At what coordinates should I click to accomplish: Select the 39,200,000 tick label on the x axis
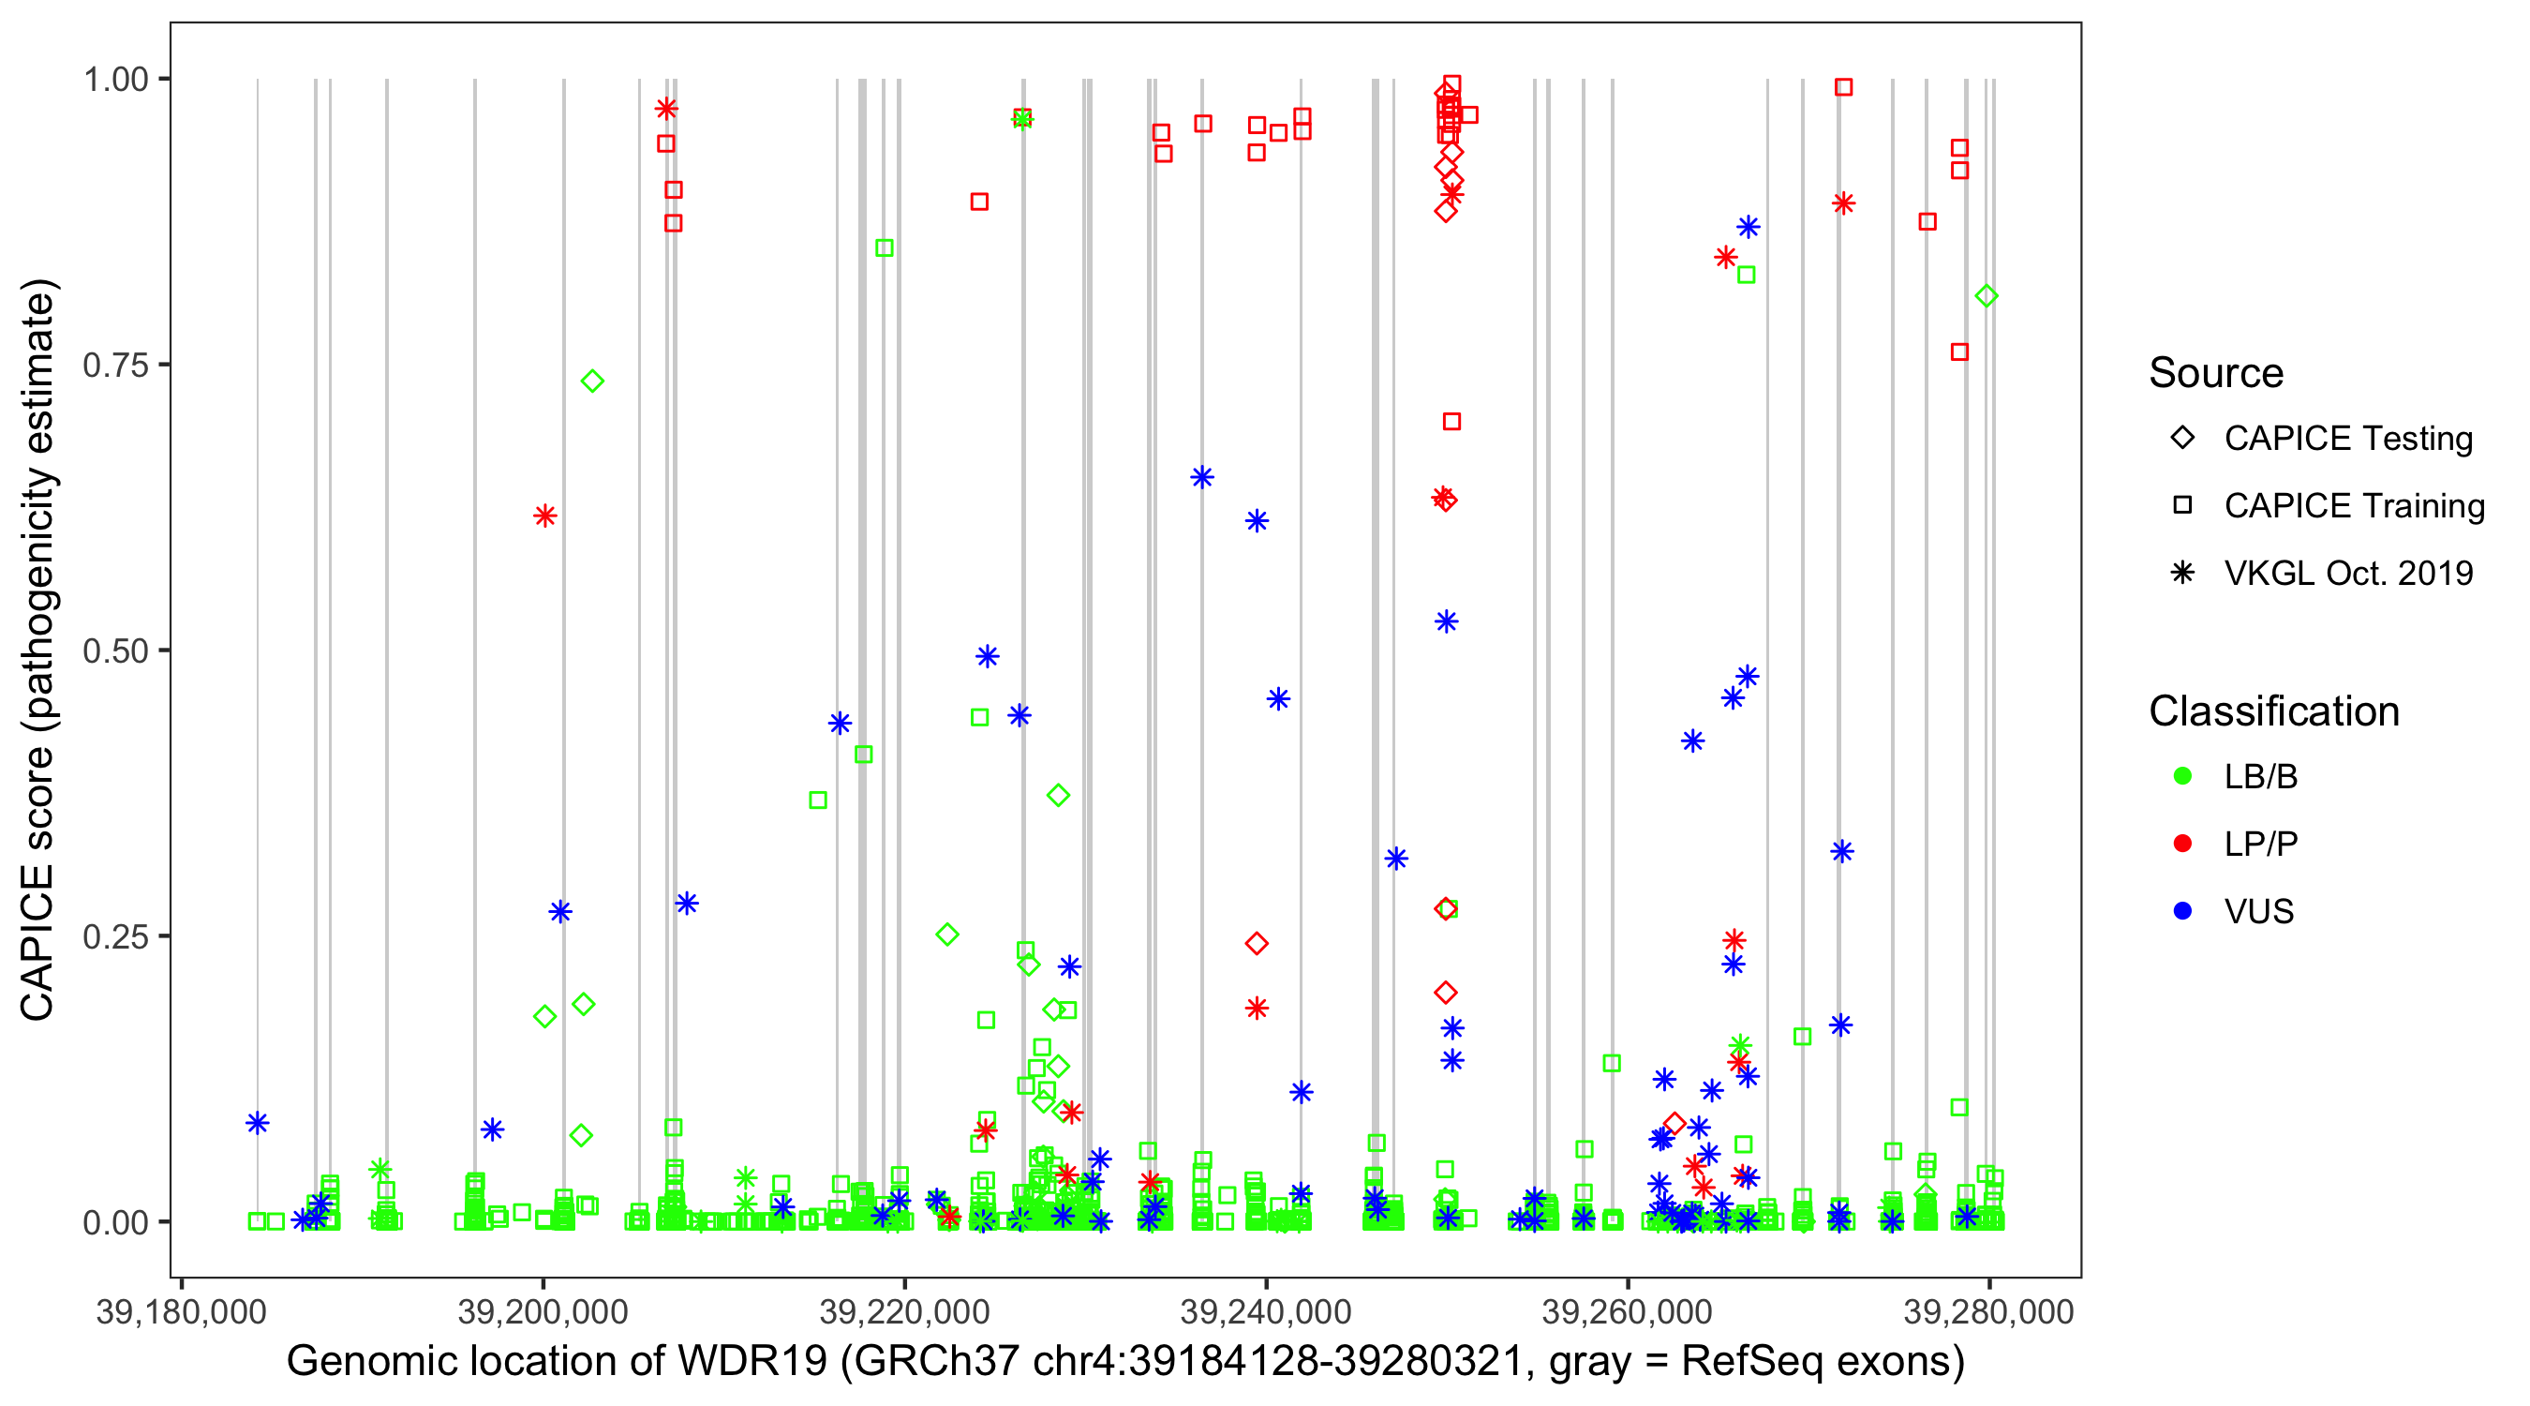point(543,1311)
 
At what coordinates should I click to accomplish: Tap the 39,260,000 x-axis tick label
point(1628,1311)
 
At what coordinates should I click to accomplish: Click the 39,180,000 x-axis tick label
point(181,1311)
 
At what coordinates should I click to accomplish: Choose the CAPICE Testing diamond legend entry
point(2182,439)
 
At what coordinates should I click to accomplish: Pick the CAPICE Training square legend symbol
point(2182,505)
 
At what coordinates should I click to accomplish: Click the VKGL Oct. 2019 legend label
point(2348,573)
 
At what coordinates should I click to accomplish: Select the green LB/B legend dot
point(2182,776)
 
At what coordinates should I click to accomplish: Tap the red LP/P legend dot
point(2182,844)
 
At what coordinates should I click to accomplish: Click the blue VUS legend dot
point(2182,911)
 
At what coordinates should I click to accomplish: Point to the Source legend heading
point(2216,373)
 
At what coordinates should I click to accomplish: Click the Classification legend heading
point(2273,711)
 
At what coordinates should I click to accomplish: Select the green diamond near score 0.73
point(592,381)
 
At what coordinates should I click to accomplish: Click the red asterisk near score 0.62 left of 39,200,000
point(545,516)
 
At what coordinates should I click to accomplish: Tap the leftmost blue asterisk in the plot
point(258,1122)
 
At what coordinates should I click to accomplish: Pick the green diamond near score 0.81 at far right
point(1986,296)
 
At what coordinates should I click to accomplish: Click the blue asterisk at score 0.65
point(1202,477)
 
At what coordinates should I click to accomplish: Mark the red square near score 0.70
point(1451,422)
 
